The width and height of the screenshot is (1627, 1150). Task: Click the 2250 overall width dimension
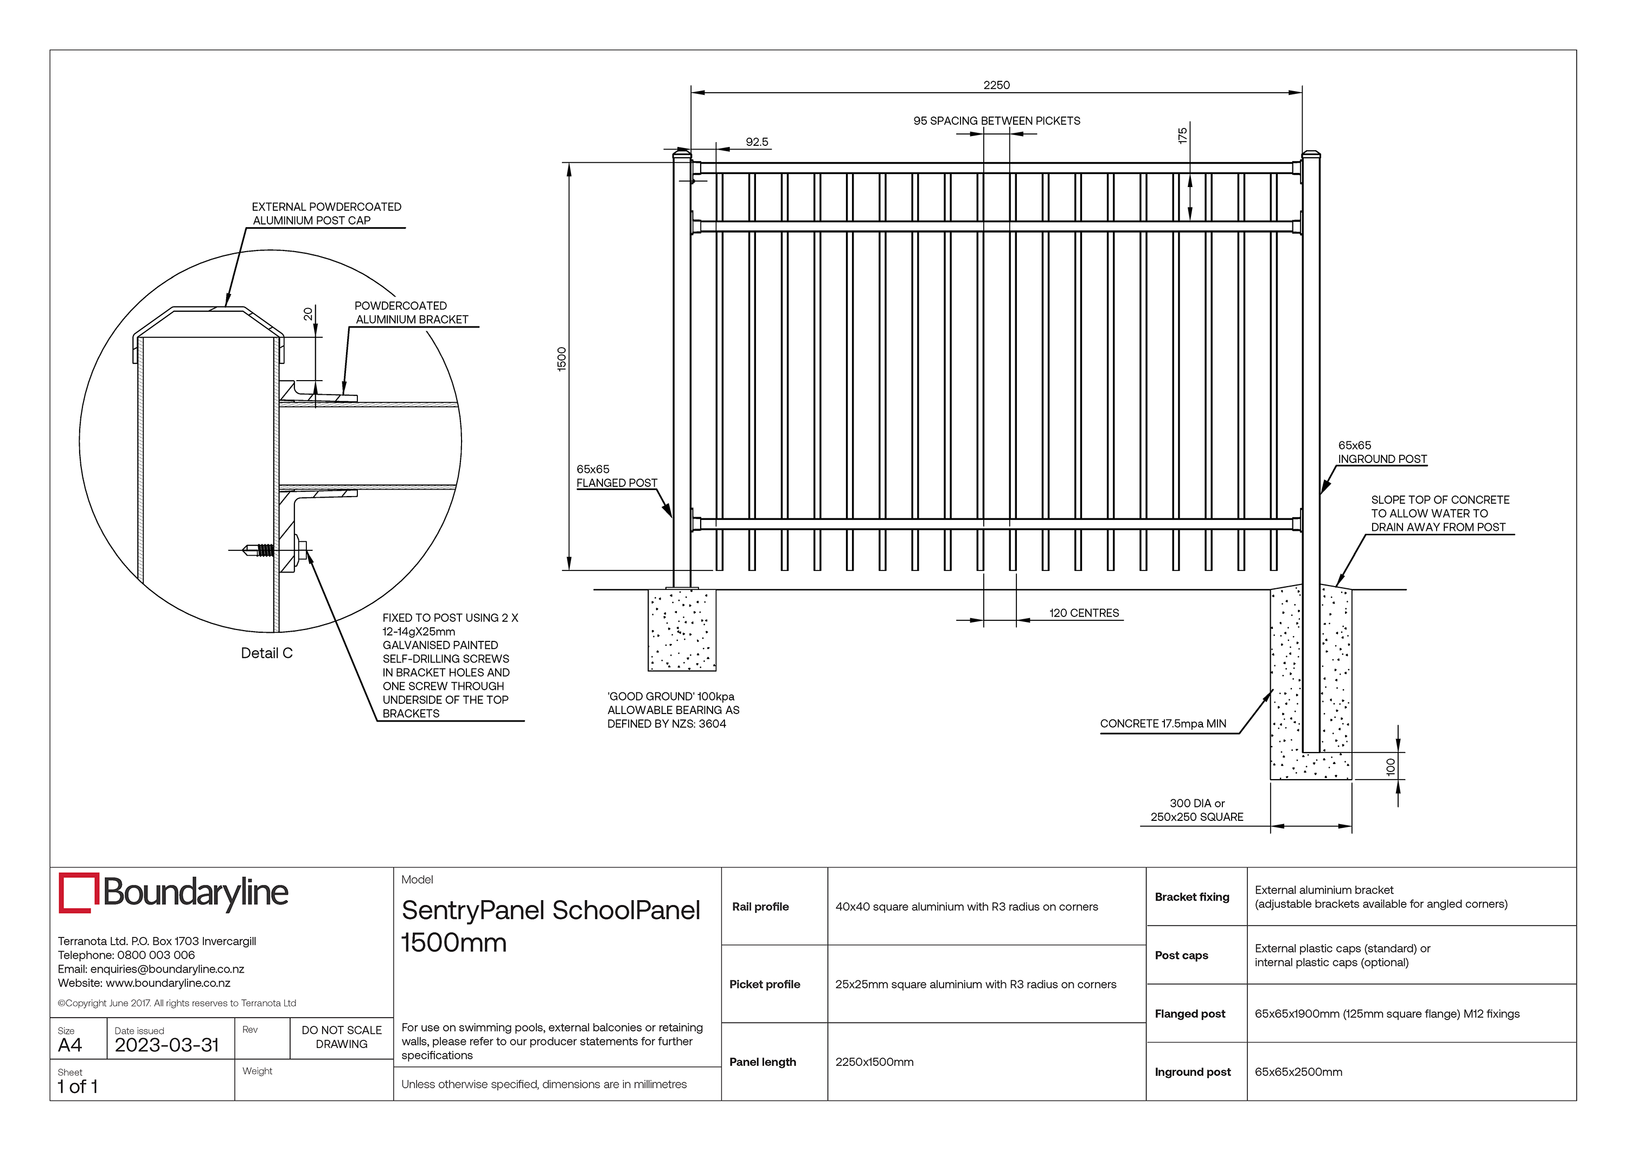[x=996, y=85]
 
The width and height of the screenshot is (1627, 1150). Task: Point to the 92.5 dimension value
[x=756, y=142]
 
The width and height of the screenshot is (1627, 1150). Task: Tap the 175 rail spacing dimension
[x=1181, y=136]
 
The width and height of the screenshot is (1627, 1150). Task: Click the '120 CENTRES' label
[x=1084, y=613]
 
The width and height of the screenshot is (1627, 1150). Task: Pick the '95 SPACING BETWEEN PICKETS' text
[x=996, y=120]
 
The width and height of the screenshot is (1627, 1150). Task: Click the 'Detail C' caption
[x=266, y=653]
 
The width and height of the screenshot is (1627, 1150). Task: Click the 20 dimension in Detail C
[x=308, y=314]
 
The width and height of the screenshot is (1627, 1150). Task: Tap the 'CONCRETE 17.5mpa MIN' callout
[x=1162, y=723]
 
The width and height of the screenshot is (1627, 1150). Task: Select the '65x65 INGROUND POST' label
[x=1381, y=452]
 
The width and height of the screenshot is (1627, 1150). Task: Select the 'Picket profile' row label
[x=764, y=984]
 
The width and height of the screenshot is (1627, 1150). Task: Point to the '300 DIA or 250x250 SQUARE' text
[x=1196, y=810]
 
